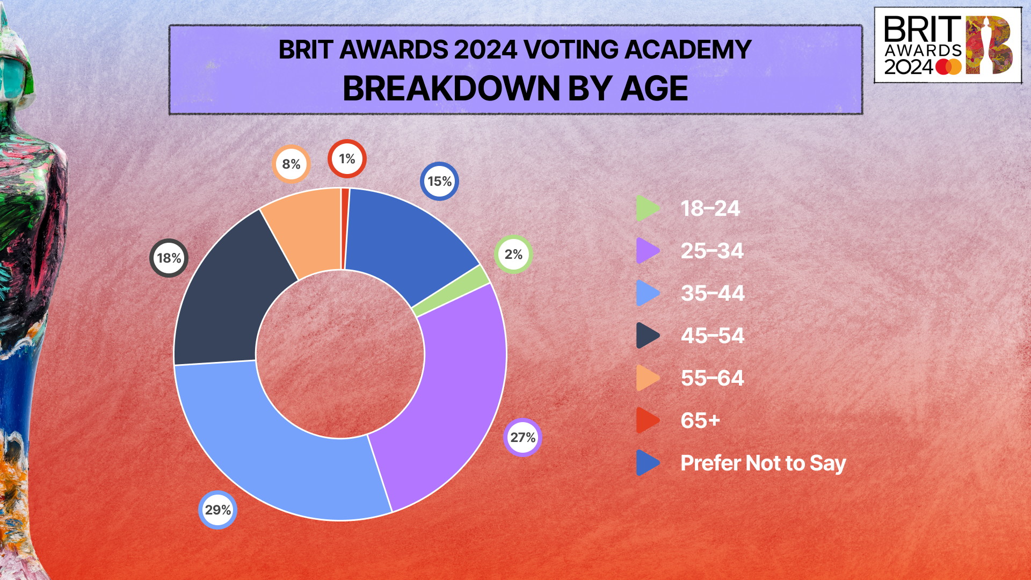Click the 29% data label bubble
tap(217, 510)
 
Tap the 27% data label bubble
tap(522, 437)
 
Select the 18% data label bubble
tap(169, 258)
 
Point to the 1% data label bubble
tap(347, 159)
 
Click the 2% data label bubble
tap(513, 254)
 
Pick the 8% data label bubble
tap(291, 164)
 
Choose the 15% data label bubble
tap(439, 182)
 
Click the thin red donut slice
tap(345, 228)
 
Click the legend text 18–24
tap(710, 208)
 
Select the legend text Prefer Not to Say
tap(763, 463)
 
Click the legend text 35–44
tap(712, 293)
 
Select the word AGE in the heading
tap(654, 89)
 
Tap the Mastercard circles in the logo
tap(948, 67)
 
